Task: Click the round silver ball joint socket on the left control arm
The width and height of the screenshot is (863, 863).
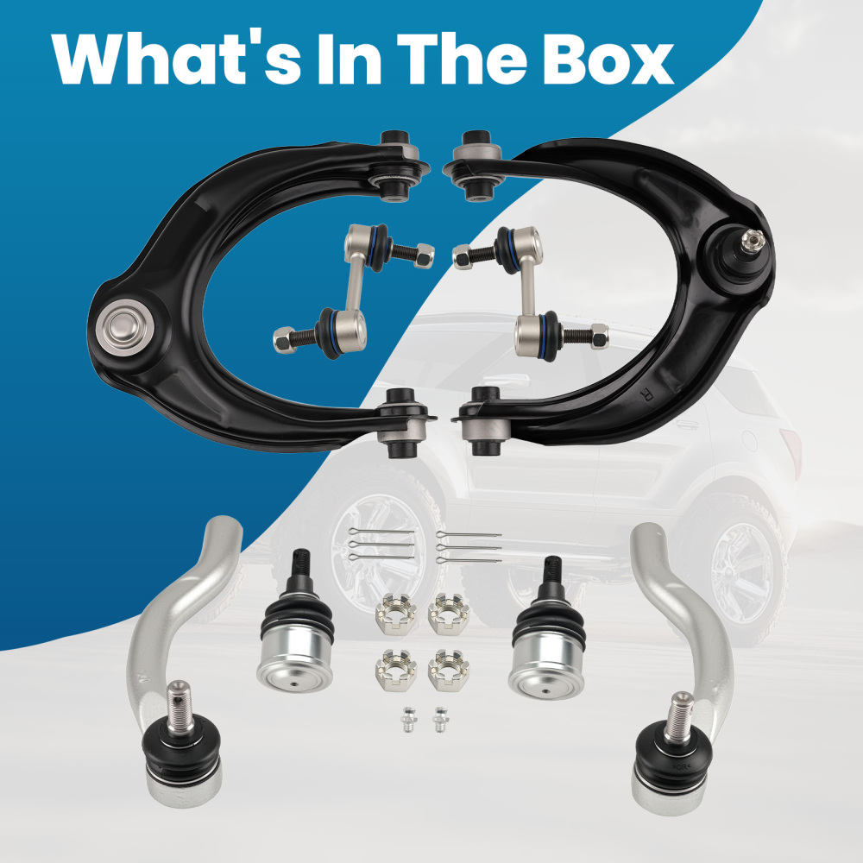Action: pyautogui.click(x=123, y=327)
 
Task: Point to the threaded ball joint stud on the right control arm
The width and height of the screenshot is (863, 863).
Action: pyautogui.click(x=752, y=242)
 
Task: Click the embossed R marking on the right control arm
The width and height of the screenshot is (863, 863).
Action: pyautogui.click(x=646, y=394)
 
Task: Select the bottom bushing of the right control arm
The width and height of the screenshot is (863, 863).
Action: pyautogui.click(x=482, y=421)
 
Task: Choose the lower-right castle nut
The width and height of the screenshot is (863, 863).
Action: pyautogui.click(x=449, y=670)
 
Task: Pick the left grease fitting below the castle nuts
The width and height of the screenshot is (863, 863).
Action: pyautogui.click(x=408, y=720)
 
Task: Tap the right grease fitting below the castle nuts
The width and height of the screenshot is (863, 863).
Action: pyautogui.click(x=440, y=720)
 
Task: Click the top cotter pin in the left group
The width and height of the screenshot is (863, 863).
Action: pyautogui.click(x=381, y=532)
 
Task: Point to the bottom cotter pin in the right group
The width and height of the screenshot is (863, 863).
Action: pyautogui.click(x=469, y=560)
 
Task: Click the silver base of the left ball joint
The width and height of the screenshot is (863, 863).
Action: pyautogui.click(x=295, y=663)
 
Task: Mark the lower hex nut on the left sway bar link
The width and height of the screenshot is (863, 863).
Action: pyautogui.click(x=285, y=339)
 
